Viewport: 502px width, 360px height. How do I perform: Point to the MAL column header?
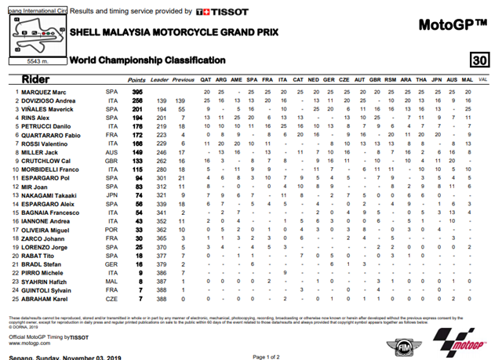[x=467, y=80]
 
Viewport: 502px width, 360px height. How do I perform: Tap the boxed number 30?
[x=478, y=61]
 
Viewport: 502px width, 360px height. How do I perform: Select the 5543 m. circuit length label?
[x=38, y=60]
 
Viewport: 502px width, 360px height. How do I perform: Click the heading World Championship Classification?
[x=147, y=60]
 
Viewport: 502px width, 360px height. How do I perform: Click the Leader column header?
[x=161, y=80]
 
